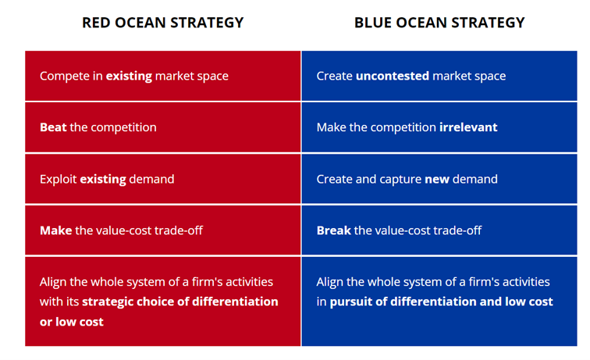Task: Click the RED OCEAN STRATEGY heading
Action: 163,23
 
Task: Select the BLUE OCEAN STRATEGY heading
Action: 439,23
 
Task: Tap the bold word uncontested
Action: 393,76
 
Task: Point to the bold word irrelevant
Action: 468,127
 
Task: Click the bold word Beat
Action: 53,127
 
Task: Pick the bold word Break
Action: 334,230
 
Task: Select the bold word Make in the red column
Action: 56,230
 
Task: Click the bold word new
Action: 437,180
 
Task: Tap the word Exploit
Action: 59,180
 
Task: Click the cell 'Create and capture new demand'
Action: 439,179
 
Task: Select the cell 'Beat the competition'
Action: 163,127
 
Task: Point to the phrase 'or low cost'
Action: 72,322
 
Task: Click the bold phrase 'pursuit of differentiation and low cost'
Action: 442,301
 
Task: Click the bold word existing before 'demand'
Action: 103,180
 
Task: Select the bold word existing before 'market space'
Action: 129,76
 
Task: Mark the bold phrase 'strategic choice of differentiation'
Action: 180,301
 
